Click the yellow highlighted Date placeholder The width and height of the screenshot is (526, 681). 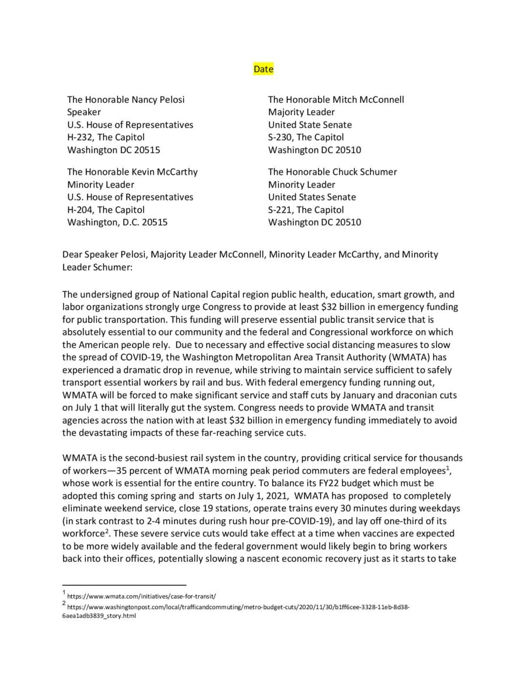point(263,69)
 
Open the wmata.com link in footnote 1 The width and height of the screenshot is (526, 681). point(142,597)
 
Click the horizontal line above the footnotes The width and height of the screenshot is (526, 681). point(124,585)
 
